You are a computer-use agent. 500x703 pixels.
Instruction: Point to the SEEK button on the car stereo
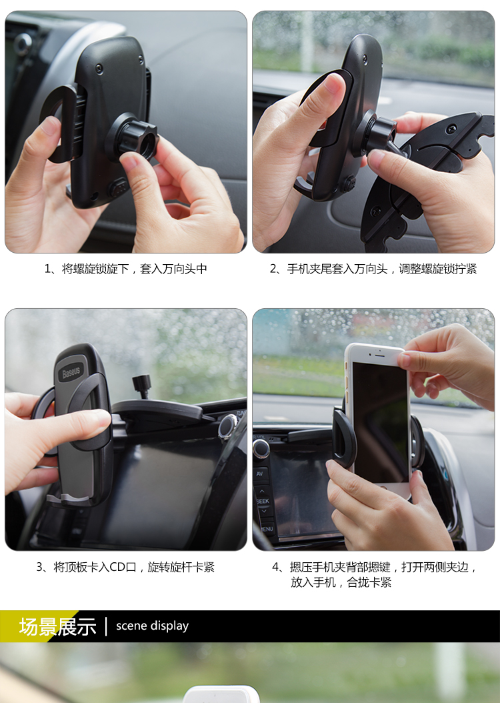point(263,501)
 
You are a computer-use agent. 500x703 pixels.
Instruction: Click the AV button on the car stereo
point(260,474)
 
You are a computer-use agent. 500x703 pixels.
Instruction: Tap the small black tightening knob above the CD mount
point(142,386)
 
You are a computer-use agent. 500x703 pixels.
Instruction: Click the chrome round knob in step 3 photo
point(227,426)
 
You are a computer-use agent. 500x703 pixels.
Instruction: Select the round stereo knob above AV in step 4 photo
point(261,448)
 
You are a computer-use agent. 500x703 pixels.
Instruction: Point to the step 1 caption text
point(125,269)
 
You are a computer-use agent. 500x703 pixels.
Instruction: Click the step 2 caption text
point(373,269)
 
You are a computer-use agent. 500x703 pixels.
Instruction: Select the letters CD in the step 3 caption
point(117,567)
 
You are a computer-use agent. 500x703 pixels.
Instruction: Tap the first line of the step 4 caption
point(374,567)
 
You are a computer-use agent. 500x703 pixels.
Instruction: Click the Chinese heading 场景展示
point(57,626)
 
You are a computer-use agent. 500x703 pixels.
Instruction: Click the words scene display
point(152,626)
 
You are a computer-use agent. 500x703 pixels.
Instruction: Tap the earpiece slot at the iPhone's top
point(379,355)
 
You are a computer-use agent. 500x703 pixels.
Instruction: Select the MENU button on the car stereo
point(267,529)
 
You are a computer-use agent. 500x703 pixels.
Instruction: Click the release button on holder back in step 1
point(119,187)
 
